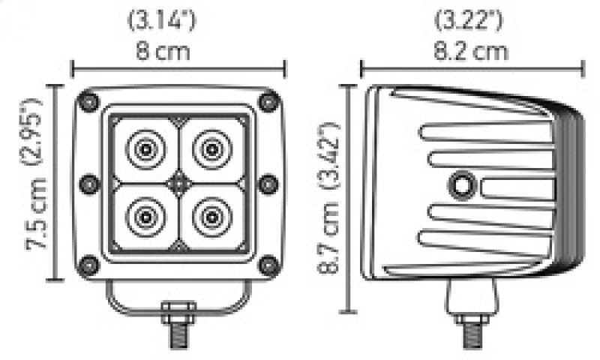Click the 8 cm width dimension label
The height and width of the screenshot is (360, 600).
pyautogui.click(x=162, y=52)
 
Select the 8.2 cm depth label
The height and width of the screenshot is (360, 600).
pyautogui.click(x=472, y=52)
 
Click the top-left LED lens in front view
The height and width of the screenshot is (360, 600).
pyautogui.click(x=143, y=150)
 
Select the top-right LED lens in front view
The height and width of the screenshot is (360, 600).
pyautogui.click(x=211, y=150)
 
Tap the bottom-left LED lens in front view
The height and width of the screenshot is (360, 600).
pyautogui.click(x=143, y=216)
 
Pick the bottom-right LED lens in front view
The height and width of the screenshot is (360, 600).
pyautogui.click(x=211, y=216)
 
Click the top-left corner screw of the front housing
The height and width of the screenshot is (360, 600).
pyautogui.click(x=89, y=101)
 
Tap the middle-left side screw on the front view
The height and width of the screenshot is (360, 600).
pyautogui.click(x=88, y=183)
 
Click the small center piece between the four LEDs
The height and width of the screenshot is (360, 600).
pyautogui.click(x=178, y=183)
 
